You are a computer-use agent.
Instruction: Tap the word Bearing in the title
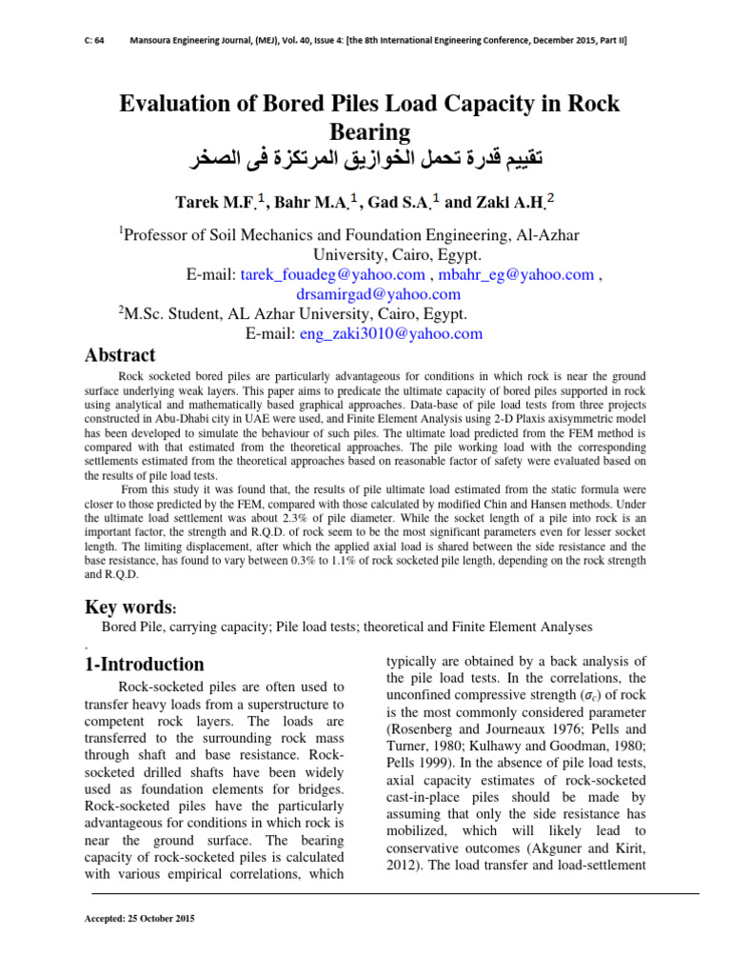369,131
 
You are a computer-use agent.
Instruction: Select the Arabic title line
369,158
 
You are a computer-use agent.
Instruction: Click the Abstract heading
120,356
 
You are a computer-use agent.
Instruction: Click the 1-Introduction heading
145,664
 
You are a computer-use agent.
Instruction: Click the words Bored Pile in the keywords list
132,627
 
